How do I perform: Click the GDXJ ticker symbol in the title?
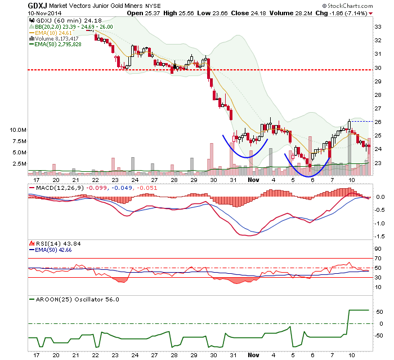click(38, 6)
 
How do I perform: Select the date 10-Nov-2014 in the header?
click(44, 13)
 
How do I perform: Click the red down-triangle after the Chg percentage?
click(370, 14)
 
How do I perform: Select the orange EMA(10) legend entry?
click(51, 33)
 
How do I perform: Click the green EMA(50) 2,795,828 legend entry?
click(55, 45)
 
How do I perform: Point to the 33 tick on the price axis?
click(378, 26)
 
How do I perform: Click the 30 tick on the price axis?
click(378, 68)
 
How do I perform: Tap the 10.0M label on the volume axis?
click(18, 130)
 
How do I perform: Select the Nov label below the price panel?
click(253, 180)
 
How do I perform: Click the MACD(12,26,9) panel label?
click(57, 188)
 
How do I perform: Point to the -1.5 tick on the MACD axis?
click(379, 236)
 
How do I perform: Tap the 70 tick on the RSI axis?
click(378, 259)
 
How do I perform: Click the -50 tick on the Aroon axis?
click(379, 336)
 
